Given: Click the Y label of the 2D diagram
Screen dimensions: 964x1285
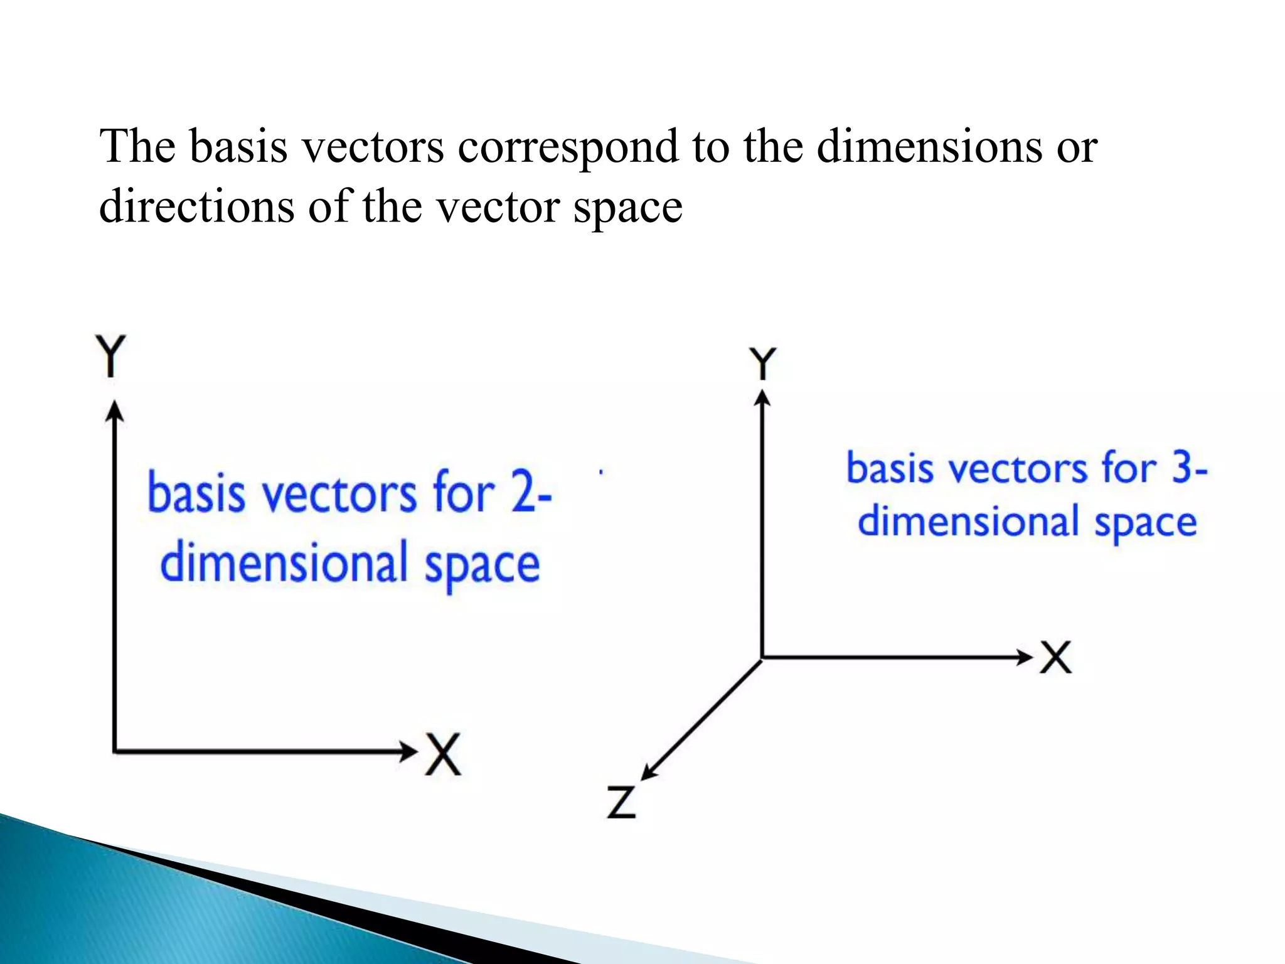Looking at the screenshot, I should coord(111,355).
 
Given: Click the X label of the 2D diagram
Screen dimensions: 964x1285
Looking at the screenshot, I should coord(444,754).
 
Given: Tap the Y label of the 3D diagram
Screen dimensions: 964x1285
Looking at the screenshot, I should coord(762,364).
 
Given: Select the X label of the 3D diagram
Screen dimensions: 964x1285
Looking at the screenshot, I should coord(1055,657).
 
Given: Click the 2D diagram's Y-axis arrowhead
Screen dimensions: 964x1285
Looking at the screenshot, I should coord(114,412).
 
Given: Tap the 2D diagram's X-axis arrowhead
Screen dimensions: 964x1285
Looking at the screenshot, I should coord(408,750).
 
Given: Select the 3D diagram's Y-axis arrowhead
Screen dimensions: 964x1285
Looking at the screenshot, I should coord(762,399).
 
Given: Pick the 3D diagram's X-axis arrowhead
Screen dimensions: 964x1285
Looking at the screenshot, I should coord(1024,657).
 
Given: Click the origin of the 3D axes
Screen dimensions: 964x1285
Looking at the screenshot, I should coord(762,658).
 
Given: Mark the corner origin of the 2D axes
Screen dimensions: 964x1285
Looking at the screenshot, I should coord(115,750).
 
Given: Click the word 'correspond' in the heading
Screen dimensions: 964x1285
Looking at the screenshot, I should coord(567,147).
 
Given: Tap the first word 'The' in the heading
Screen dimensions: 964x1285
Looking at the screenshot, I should coord(137,147).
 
